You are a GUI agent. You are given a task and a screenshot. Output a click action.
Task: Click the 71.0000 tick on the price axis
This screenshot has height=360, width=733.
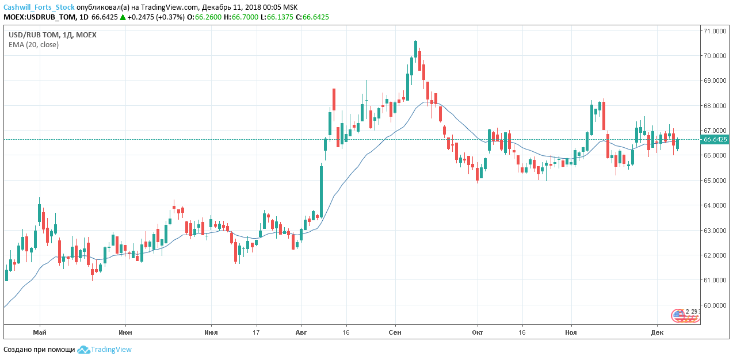[713, 31]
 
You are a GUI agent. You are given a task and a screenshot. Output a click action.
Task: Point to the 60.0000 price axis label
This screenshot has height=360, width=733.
[713, 305]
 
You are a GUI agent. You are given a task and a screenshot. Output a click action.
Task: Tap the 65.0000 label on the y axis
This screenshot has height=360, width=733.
[713, 181]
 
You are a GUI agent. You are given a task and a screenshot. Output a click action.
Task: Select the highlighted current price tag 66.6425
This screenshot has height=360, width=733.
[715, 140]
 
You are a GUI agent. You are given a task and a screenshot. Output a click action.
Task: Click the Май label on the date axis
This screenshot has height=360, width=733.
[40, 332]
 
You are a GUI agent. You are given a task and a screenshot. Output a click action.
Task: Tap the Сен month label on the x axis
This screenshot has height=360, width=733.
[395, 332]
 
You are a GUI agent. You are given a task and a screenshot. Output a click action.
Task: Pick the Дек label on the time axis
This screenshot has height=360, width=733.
[657, 332]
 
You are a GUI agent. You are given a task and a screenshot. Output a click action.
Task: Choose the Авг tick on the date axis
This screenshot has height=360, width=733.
[301, 332]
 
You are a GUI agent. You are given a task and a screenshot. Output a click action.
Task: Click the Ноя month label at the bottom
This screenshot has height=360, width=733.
[571, 332]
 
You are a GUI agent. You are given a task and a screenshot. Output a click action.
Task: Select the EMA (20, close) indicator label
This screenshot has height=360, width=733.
[33, 45]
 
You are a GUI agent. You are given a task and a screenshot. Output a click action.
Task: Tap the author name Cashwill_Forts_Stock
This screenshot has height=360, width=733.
[39, 7]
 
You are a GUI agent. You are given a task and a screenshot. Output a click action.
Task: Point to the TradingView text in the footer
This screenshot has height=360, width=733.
[111, 350]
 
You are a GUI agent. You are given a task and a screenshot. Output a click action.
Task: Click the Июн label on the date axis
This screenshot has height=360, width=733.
[125, 332]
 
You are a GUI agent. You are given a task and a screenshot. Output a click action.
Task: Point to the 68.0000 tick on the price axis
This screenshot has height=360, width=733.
[713, 106]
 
